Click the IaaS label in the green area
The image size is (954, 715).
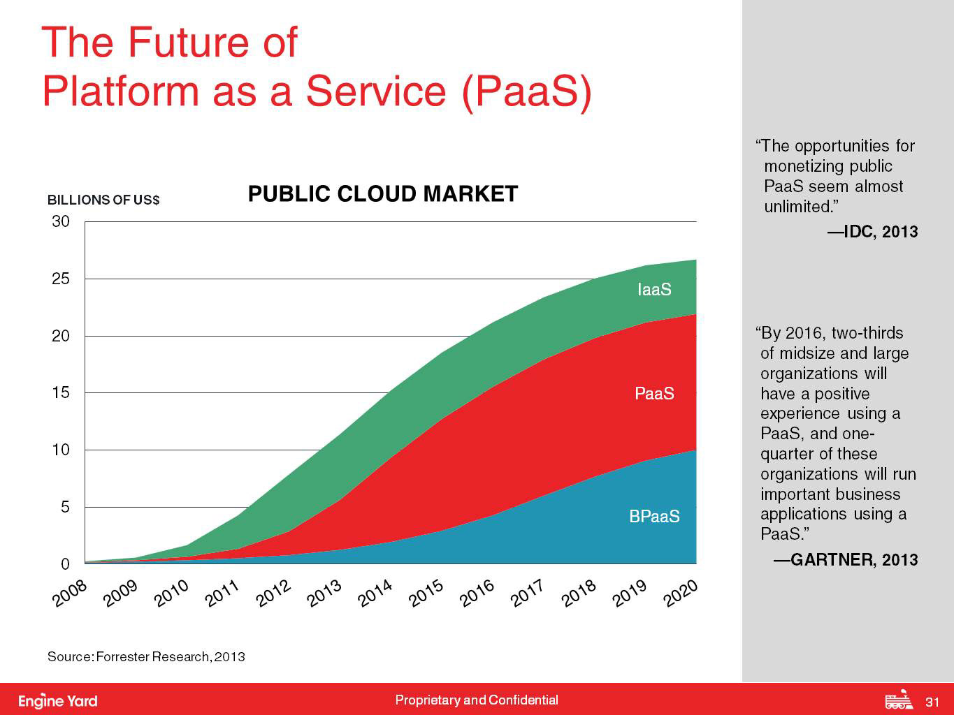point(654,290)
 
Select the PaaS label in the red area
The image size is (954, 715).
point(654,394)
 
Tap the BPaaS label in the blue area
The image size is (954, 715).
point(654,517)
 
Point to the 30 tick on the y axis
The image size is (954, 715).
point(61,222)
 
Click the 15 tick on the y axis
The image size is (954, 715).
point(61,393)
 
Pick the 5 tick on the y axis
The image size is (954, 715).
point(64,507)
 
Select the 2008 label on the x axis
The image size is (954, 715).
point(70,595)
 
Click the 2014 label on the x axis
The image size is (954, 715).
point(375,595)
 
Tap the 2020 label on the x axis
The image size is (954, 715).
point(681,595)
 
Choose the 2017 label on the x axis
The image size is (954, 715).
point(528,595)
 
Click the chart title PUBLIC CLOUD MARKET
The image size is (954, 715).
point(383,193)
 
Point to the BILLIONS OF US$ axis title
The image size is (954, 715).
point(103,200)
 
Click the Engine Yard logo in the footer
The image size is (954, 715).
point(58,700)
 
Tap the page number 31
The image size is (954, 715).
point(932,701)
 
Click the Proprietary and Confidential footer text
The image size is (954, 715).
point(477,700)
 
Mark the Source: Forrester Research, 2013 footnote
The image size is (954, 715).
point(146,656)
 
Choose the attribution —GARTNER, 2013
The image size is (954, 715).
point(845,560)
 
